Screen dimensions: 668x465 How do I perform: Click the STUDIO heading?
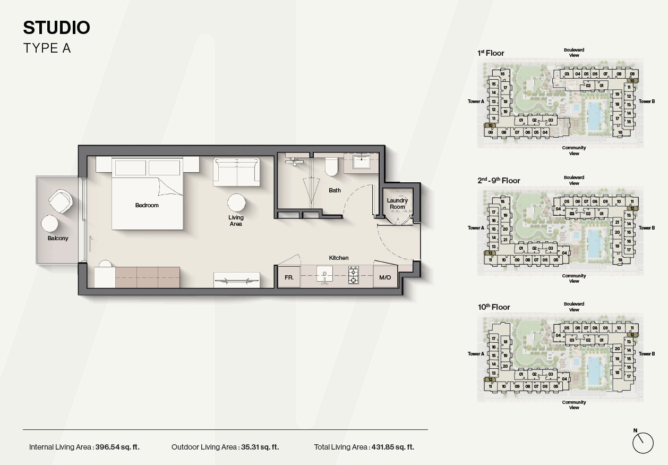(57, 28)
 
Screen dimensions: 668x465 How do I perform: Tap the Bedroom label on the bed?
(147, 205)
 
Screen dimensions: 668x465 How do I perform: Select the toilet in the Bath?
(331, 166)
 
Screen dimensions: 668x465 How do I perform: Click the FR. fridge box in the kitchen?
(289, 277)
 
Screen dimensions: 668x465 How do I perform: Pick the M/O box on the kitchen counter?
(385, 277)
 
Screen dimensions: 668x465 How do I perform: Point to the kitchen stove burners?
(354, 275)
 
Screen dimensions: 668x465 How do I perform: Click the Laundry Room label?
(397, 204)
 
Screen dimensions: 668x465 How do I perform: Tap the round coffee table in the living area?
(236, 202)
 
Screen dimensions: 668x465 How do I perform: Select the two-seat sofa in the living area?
(236, 172)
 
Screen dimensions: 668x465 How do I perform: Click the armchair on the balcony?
(61, 201)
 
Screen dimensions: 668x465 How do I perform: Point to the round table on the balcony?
(49, 224)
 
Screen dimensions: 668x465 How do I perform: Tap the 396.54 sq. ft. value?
(117, 447)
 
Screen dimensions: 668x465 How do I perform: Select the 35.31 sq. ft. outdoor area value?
(260, 447)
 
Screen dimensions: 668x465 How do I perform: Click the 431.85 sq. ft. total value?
(393, 447)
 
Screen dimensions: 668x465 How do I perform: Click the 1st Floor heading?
(491, 53)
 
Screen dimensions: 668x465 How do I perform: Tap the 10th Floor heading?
(494, 307)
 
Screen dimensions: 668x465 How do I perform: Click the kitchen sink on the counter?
(324, 275)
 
